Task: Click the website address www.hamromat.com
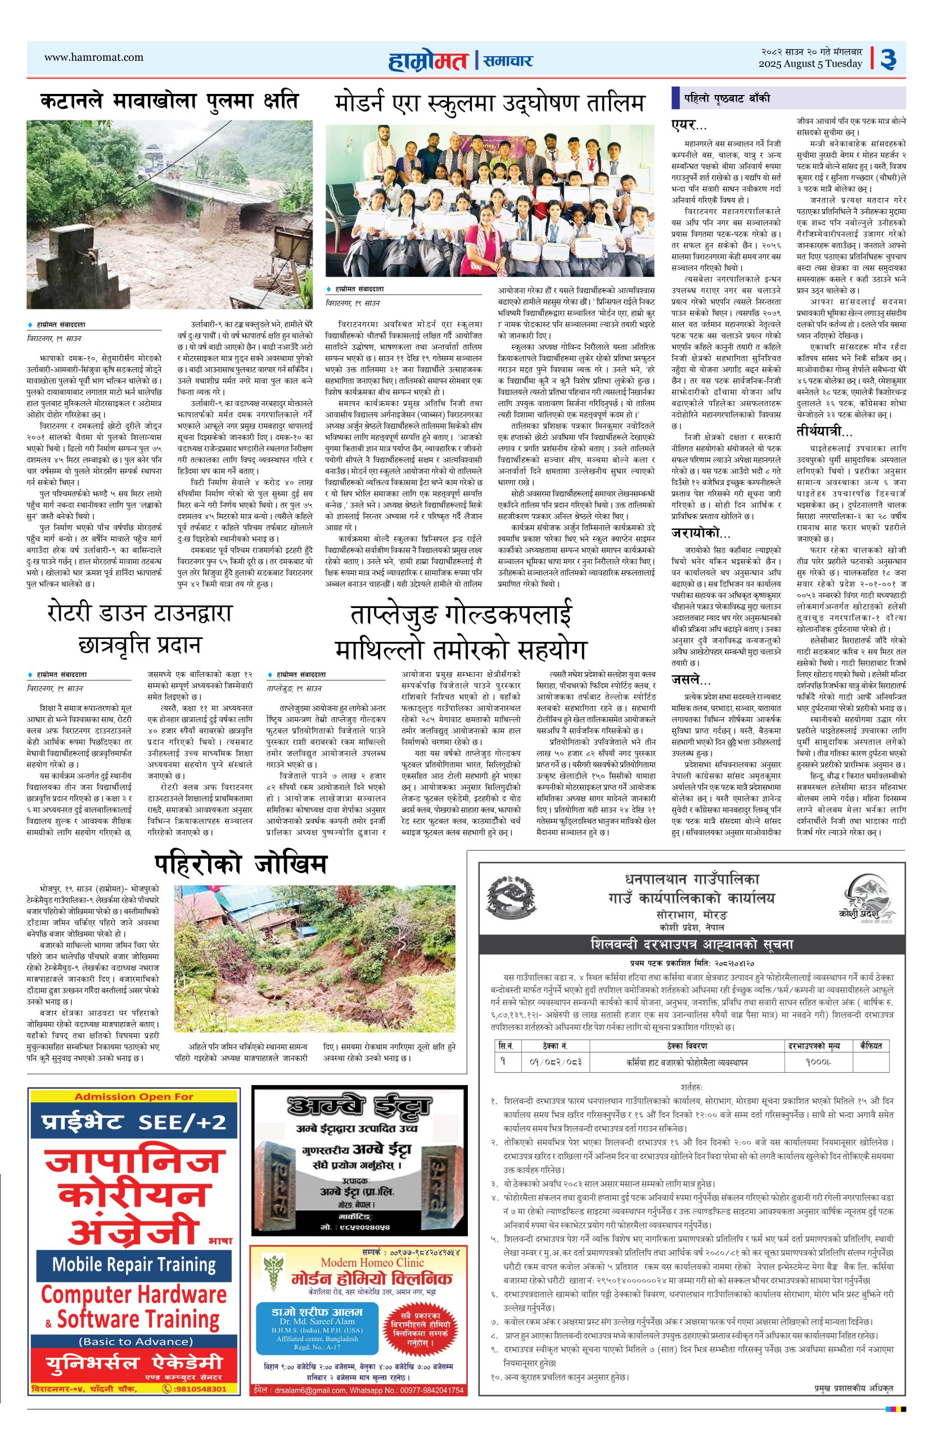[x=94, y=57]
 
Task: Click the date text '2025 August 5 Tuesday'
[x=811, y=64]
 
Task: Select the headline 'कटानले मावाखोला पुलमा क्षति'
[x=169, y=101]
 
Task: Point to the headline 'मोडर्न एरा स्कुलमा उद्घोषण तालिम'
[x=489, y=103]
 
